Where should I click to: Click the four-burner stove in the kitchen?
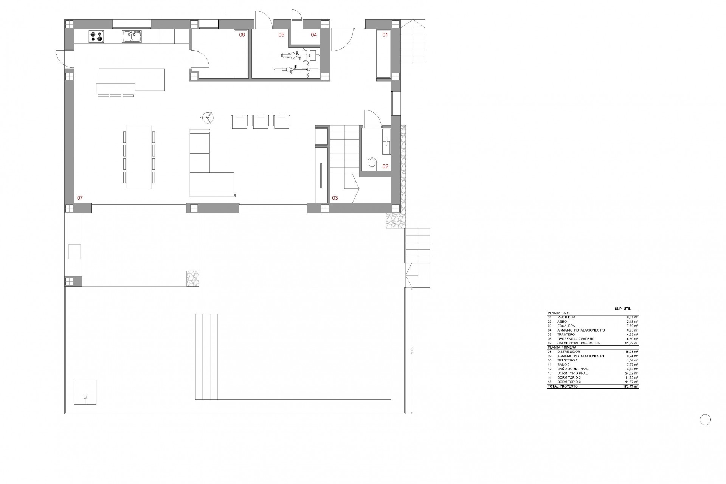point(96,37)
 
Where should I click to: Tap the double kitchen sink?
point(132,37)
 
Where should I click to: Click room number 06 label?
point(242,35)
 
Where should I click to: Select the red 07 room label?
point(80,198)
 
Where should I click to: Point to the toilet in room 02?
point(372,163)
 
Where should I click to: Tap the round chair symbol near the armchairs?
point(207,118)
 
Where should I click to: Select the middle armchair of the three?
point(261,121)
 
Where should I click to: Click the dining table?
point(139,157)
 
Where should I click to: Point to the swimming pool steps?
point(206,357)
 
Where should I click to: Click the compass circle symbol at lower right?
point(705,420)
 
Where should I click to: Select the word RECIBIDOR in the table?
point(566,317)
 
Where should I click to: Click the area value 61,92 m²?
point(631,343)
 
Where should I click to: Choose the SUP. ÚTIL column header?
point(623,309)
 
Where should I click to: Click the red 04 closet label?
point(314,35)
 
